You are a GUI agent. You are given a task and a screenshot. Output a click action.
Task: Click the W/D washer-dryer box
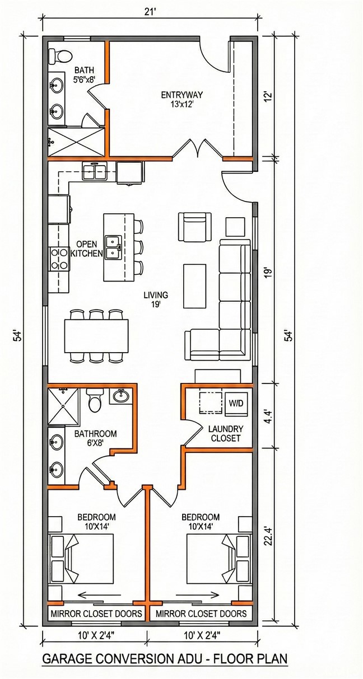tap(236, 404)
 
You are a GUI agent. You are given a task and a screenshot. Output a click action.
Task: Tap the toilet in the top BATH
tap(61, 57)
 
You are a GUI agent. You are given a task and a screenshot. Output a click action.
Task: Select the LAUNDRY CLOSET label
tap(226, 433)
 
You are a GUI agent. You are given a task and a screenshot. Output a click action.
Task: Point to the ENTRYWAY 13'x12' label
tap(182, 100)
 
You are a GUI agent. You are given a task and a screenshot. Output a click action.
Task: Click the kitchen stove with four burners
tap(59, 259)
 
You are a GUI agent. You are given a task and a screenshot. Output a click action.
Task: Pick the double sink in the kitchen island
tap(113, 247)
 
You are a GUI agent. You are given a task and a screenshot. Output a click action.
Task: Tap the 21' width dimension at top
tap(151, 12)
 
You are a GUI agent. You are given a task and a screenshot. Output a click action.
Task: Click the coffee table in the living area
tap(195, 286)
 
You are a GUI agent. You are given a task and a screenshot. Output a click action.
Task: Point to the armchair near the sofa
tap(195, 227)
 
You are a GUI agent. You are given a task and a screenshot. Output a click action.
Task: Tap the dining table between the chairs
tap(96, 335)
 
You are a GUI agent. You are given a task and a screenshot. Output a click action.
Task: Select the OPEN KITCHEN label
tap(86, 249)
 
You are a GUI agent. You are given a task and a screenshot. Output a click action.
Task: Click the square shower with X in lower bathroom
tap(63, 406)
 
